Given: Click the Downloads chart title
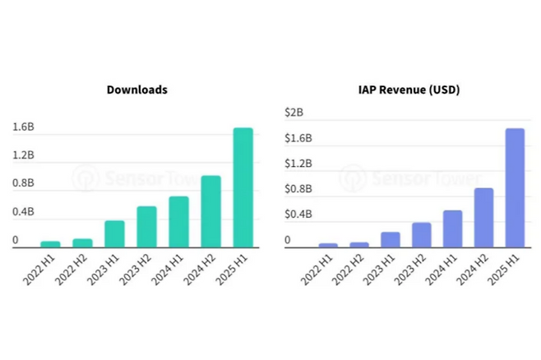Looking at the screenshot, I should [136, 89].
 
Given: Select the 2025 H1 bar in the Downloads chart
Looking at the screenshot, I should [243, 187].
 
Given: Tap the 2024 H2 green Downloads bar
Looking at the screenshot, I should [211, 211].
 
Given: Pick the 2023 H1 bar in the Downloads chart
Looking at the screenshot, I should [114, 234].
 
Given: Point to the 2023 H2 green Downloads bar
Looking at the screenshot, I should [146, 227].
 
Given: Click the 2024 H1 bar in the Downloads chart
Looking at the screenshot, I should [179, 222].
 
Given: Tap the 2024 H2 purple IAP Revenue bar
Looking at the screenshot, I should [483, 217].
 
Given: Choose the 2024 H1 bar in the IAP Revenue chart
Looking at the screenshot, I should [452, 228].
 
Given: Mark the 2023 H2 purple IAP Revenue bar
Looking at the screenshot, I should [421, 234].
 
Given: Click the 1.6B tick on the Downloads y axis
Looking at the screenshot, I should [23, 127].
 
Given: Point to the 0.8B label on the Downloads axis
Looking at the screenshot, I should [23, 183].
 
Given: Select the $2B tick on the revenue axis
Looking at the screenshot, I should [294, 112].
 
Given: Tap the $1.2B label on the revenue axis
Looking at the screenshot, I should [298, 163].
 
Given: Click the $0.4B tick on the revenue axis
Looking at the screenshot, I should [298, 215].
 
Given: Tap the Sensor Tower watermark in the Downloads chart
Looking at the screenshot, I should [132, 176].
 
